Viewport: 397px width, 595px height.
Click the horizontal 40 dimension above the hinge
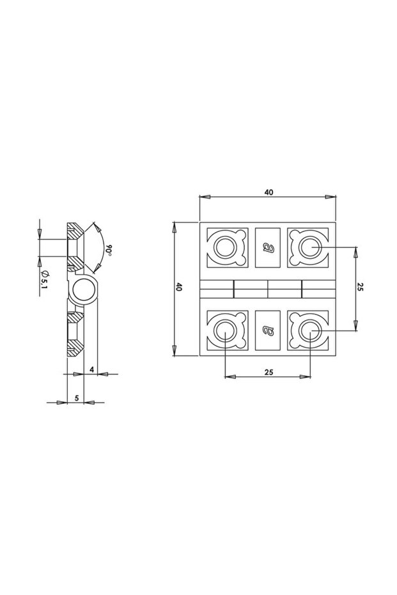(268, 190)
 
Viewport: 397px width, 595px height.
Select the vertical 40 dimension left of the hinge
(180, 288)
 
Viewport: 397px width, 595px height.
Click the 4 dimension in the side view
(93, 369)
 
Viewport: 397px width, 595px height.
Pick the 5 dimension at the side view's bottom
(77, 398)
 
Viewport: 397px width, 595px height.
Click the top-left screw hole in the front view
(225, 246)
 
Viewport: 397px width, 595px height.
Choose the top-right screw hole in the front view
(310, 246)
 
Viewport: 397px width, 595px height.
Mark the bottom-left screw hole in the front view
(225, 330)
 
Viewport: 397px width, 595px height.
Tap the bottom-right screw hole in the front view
(310, 330)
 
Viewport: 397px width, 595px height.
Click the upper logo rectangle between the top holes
(268, 247)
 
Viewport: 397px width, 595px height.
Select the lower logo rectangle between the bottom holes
(268, 330)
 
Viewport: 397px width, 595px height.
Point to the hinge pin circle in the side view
(83, 291)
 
